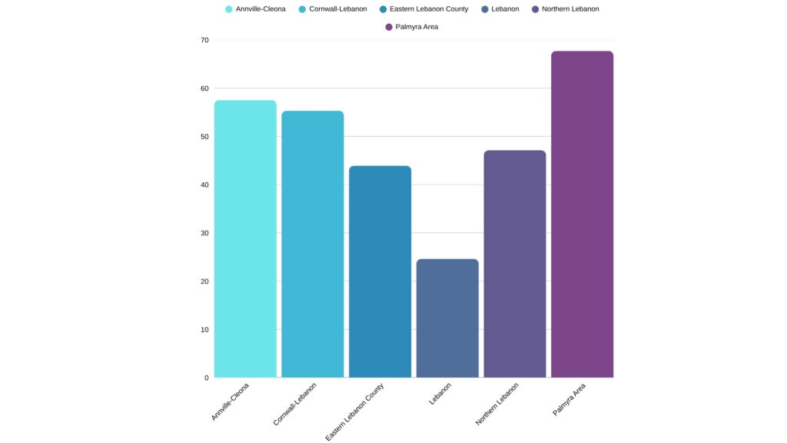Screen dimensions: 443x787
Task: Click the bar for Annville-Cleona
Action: click(245, 238)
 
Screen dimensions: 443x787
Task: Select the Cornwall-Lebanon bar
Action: click(312, 244)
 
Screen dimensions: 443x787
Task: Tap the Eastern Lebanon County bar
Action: click(380, 271)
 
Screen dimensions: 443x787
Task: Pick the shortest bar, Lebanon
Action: click(447, 318)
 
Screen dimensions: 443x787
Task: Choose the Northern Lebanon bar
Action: click(514, 264)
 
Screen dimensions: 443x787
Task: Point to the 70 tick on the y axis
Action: click(204, 40)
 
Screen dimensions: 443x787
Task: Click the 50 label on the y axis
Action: click(204, 137)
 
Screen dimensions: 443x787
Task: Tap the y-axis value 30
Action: click(204, 233)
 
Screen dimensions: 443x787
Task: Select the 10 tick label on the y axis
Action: click(204, 330)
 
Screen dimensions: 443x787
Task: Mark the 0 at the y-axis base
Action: click(206, 378)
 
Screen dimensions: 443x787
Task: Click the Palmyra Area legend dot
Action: click(389, 27)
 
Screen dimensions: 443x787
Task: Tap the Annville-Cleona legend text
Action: click(261, 9)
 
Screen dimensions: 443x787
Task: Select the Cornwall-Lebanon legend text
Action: click(337, 9)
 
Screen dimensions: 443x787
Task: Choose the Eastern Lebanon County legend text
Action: click(428, 9)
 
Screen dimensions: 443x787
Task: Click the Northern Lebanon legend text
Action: click(569, 9)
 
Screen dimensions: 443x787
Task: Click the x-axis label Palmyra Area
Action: click(569, 400)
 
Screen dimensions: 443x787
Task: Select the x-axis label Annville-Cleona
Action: click(231, 401)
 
